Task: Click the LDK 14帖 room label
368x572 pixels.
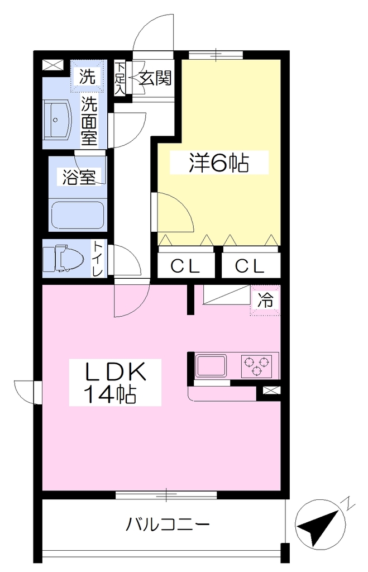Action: (x=115, y=382)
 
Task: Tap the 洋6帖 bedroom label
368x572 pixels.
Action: (x=219, y=163)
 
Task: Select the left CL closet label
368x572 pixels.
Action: (x=185, y=266)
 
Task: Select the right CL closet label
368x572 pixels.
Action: (x=250, y=266)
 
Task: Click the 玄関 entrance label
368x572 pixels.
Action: (x=155, y=77)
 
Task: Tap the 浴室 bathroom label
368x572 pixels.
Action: (x=79, y=177)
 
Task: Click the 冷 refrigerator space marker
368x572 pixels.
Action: (x=265, y=300)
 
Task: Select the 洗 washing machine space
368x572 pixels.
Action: (x=88, y=77)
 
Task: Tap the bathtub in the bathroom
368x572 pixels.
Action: (x=78, y=215)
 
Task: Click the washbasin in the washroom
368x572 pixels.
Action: (x=56, y=120)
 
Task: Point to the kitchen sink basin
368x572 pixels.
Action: (x=211, y=365)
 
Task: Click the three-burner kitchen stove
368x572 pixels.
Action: (x=257, y=366)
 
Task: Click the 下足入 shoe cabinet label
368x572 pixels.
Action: (x=120, y=78)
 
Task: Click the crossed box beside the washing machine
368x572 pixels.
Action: (x=53, y=65)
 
